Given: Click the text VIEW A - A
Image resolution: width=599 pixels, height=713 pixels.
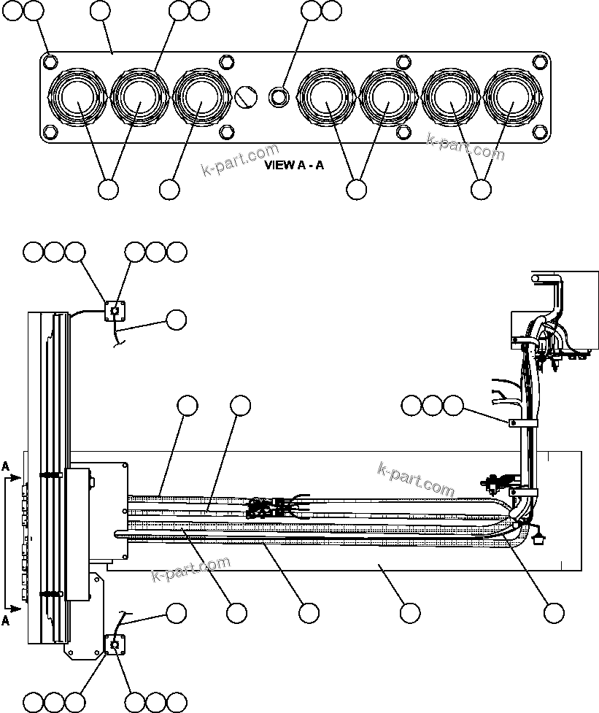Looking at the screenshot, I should [294, 165].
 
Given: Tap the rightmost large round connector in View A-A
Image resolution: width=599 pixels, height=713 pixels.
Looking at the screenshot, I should [513, 98].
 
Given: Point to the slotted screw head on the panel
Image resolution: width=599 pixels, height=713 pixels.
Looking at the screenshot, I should [246, 96].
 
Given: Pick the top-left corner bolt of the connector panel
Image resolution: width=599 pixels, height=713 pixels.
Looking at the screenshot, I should [49, 61].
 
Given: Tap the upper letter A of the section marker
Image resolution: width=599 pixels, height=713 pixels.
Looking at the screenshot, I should [6, 465].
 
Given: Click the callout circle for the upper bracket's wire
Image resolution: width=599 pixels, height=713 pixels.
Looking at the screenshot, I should [176, 320].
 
